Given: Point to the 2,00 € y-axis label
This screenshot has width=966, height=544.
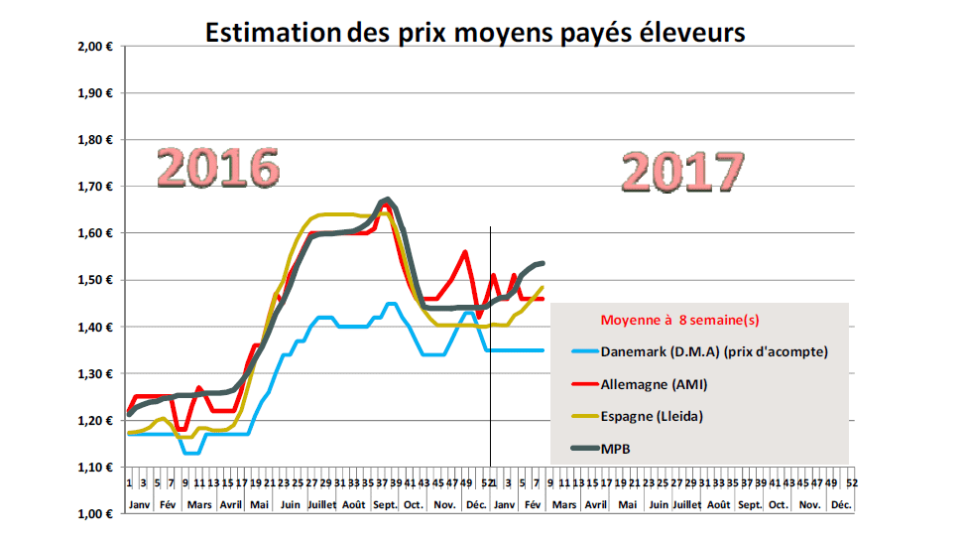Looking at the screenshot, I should coord(98,47).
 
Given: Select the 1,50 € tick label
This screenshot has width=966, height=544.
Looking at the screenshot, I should coord(98,280).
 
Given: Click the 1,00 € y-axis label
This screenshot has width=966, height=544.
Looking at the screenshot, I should coord(98,513).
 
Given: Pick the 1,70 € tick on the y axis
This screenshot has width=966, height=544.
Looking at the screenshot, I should coord(98,187).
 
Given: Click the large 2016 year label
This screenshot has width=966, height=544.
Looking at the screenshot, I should coord(216,169).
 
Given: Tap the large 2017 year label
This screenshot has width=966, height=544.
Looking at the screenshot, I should coord(683,171).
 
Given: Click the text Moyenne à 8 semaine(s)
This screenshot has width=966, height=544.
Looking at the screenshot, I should coord(680,320).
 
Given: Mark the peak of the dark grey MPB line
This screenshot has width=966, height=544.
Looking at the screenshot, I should coord(387,200).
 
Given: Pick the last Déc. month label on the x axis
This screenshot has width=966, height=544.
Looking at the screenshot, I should coord(841,504).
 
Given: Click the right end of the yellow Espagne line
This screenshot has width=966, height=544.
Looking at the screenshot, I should coord(543,288).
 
